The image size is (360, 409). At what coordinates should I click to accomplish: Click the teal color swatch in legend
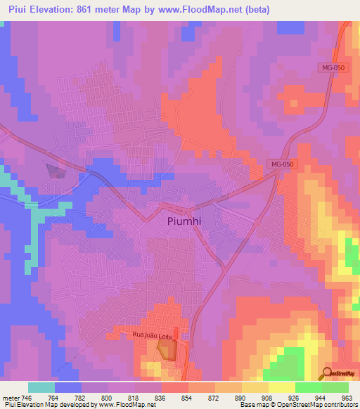coord(41,387)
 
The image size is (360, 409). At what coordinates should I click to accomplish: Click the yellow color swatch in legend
coord(281,387)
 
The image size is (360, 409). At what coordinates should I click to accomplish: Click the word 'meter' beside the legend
coord(11,398)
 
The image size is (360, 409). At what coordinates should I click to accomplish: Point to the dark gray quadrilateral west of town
coord(55,170)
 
